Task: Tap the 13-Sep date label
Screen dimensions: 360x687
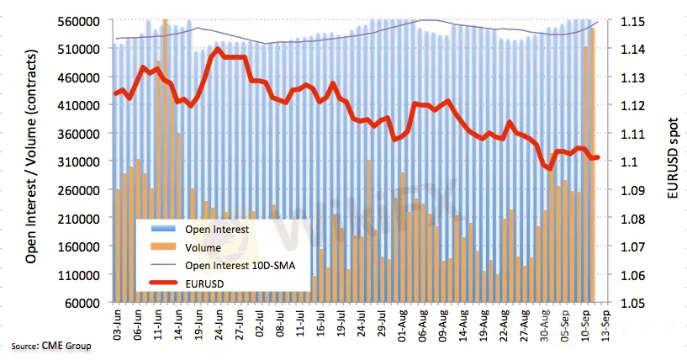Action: (600, 323)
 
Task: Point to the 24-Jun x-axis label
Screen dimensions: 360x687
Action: (218, 323)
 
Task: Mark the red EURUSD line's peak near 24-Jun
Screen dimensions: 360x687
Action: (219, 49)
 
